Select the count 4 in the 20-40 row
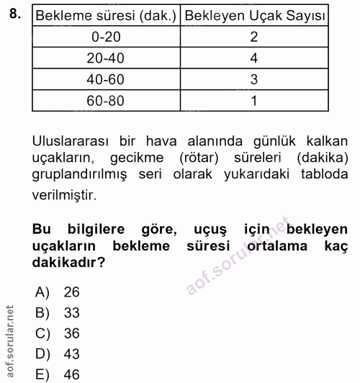pos(253,58)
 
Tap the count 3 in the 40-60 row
pos(253,80)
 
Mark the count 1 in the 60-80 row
pos(253,101)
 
